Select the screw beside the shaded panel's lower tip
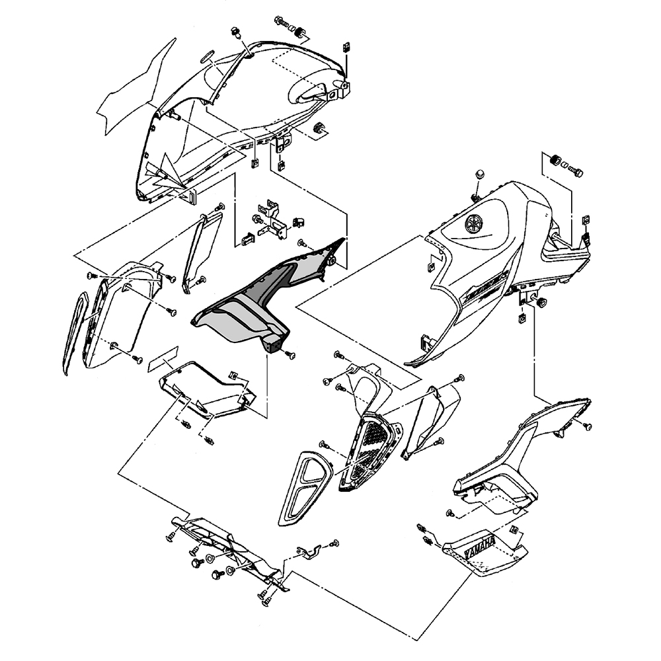292,356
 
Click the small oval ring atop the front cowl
206,56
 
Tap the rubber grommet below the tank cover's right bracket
543,303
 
